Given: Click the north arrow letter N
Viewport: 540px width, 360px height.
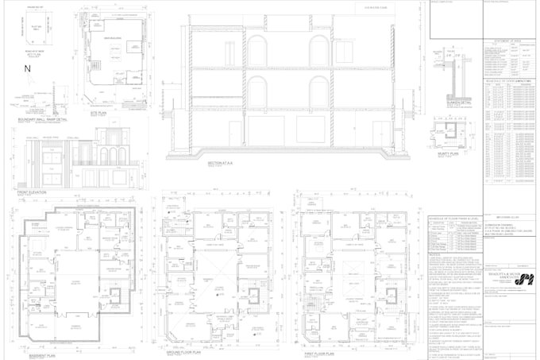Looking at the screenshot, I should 27,69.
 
